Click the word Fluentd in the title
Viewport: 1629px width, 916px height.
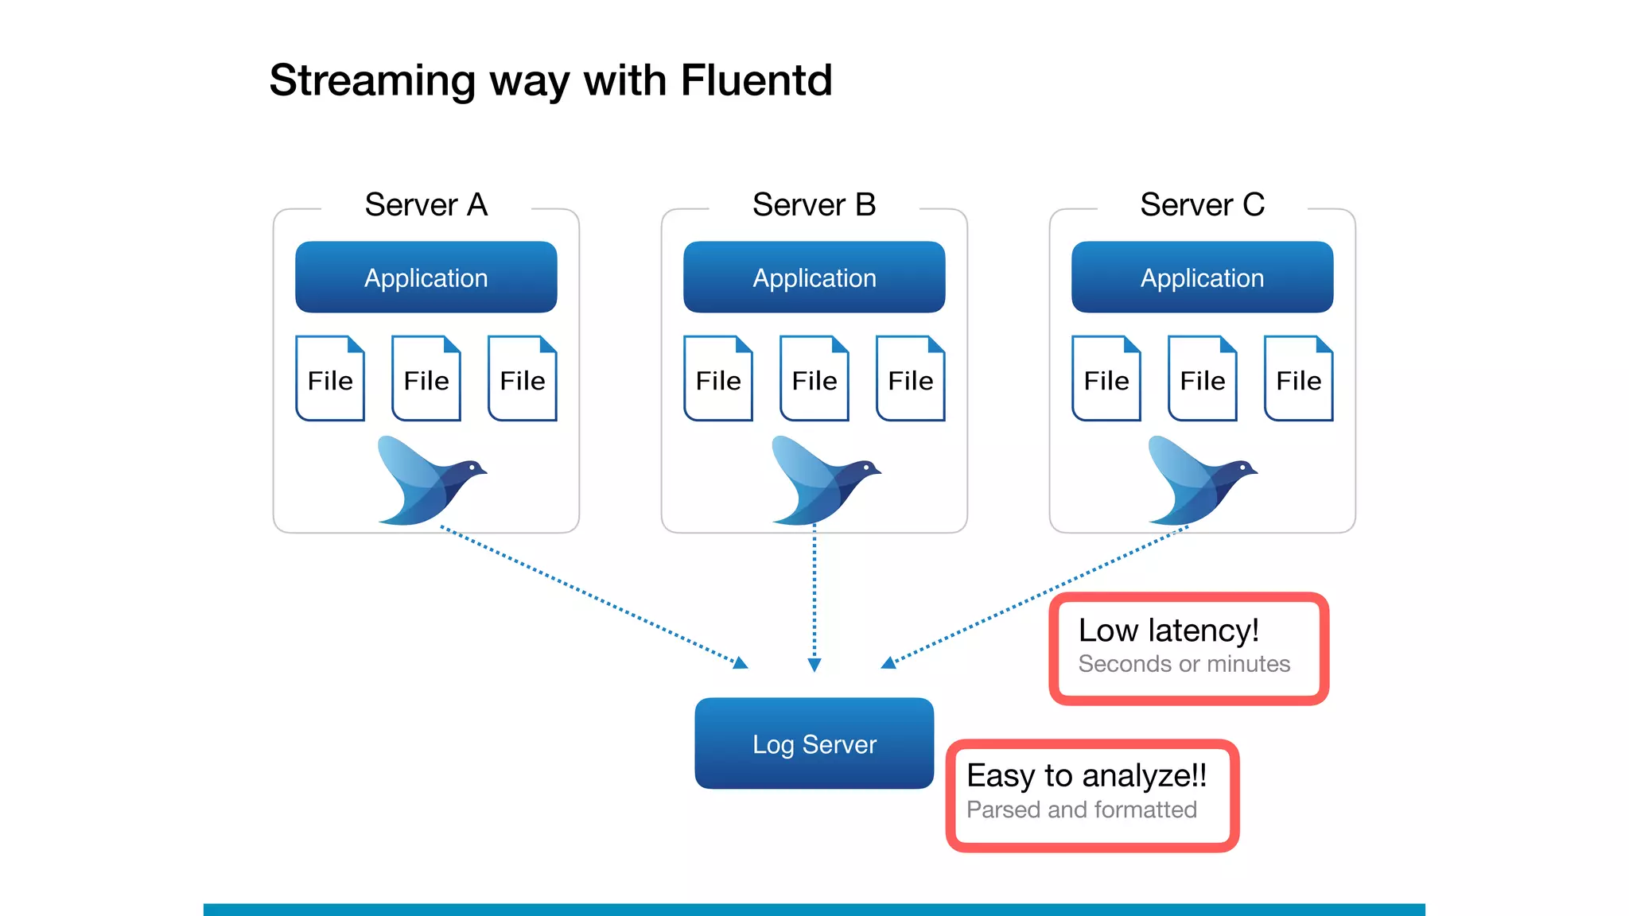point(756,80)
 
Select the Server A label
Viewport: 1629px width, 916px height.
point(426,205)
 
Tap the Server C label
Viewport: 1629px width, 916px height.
point(1202,205)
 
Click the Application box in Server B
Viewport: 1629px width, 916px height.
point(814,278)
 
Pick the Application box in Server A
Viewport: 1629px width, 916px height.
point(426,278)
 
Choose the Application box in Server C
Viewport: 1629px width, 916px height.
point(1202,278)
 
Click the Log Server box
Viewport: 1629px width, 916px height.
point(814,743)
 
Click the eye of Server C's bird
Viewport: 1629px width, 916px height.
point(1246,468)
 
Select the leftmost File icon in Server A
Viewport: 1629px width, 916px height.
point(330,379)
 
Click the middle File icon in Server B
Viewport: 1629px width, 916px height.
point(814,379)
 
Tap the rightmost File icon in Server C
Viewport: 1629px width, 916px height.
point(1298,379)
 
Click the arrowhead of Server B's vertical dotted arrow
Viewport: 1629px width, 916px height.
point(814,665)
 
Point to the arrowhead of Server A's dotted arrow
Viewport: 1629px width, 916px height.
point(741,663)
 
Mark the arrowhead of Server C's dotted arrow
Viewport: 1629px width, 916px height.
point(888,663)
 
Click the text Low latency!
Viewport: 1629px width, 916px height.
point(1168,631)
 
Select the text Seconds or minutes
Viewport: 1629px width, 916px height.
point(1184,664)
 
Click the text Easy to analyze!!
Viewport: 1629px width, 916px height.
point(1087,775)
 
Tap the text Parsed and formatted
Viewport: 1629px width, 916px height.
point(1081,809)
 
